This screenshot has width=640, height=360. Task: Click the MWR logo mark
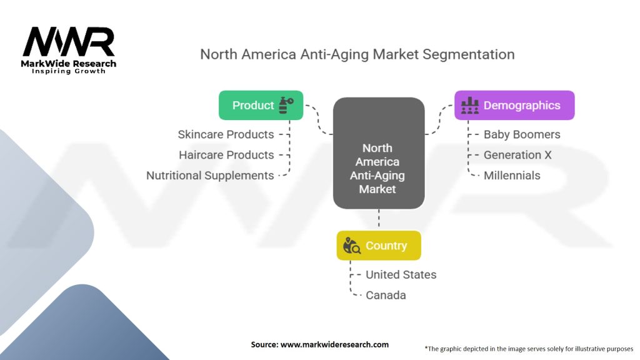point(69,42)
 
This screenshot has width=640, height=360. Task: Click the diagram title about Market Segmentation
point(357,54)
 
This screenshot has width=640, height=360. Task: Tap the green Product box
point(261,105)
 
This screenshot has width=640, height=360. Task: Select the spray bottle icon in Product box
point(286,105)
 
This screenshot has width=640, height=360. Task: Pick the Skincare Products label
point(226,134)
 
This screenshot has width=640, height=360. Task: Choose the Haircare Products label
point(226,155)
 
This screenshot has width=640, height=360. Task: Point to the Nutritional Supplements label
point(210,176)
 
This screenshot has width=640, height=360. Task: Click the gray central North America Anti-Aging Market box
point(379,153)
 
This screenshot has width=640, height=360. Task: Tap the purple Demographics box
point(514,105)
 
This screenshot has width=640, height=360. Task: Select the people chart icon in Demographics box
point(470,105)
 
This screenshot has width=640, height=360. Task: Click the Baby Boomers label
point(522,134)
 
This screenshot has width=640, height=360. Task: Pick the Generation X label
point(517,155)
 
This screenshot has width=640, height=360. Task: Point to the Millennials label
point(512,176)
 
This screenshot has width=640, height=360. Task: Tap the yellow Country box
point(379,245)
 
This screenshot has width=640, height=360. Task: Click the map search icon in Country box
point(351,245)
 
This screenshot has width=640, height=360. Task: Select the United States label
point(401,275)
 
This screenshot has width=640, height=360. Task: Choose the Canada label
point(386,295)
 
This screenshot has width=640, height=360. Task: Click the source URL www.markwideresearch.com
point(334,344)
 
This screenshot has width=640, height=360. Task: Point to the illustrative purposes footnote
point(529,349)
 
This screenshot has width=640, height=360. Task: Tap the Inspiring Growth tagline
point(69,71)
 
